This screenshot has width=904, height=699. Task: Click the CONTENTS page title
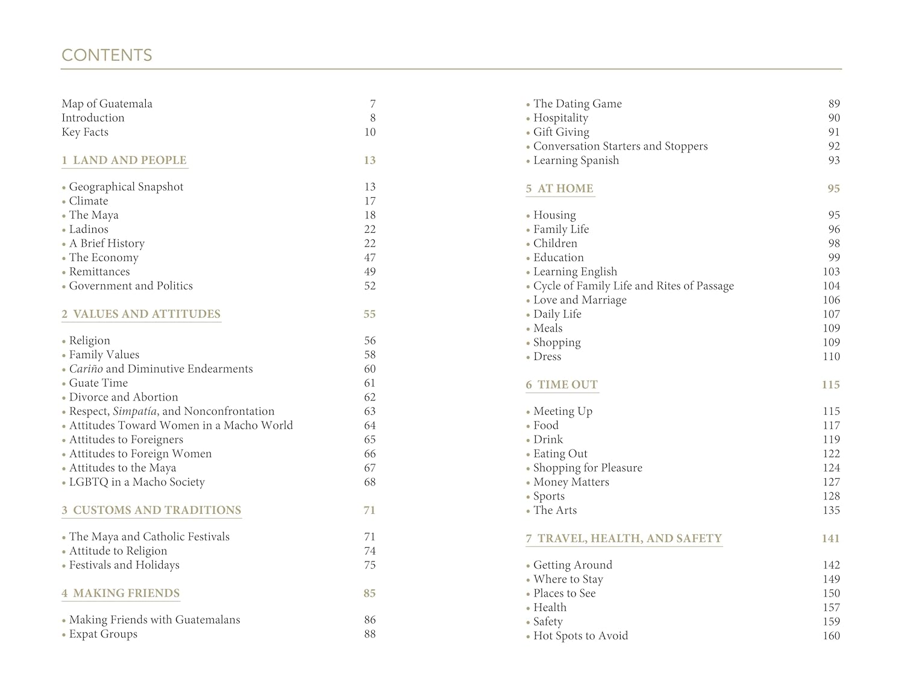[x=107, y=55]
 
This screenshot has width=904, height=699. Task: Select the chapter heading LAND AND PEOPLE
[x=129, y=160]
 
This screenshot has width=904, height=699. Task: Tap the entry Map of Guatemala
[x=107, y=104]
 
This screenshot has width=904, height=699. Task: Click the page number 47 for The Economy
[x=369, y=258]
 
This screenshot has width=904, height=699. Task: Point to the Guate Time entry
[x=98, y=383]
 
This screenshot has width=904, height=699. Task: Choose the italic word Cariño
[x=86, y=369]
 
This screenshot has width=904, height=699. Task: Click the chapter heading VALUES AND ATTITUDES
[x=146, y=314]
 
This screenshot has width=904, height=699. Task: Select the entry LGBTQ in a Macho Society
[x=137, y=482]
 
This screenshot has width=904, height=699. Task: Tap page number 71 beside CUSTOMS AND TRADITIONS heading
[x=369, y=510]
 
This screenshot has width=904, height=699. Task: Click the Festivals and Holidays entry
[x=124, y=565]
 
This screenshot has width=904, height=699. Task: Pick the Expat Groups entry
[x=103, y=634]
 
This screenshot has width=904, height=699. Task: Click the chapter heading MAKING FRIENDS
[x=126, y=593]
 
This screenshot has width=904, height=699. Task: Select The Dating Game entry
[x=577, y=104]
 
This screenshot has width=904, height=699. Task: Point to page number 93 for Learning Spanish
[x=833, y=160]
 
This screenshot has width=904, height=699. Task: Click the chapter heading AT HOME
[x=565, y=189]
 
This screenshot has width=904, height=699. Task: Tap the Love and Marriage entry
[x=580, y=300]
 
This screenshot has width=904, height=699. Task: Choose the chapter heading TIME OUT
[x=567, y=385]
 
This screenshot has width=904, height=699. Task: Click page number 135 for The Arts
[x=831, y=510]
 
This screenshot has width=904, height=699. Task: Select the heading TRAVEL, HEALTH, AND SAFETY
[x=629, y=539]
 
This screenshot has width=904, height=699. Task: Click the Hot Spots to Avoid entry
[x=580, y=636]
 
